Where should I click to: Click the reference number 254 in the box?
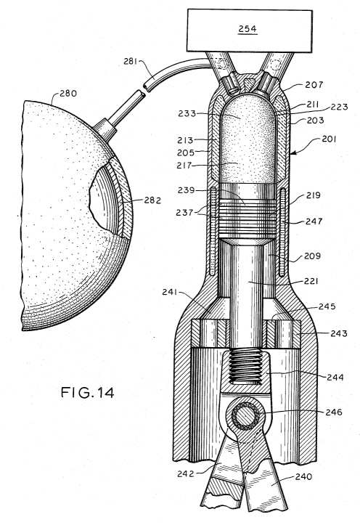[247, 29]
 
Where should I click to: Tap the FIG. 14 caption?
[87, 392]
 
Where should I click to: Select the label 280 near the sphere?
[68, 93]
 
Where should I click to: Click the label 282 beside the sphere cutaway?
[152, 200]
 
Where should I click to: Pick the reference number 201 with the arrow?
[330, 139]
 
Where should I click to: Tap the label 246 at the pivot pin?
[334, 412]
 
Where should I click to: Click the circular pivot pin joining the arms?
[245, 415]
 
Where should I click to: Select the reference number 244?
[335, 377]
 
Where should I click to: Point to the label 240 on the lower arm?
[303, 476]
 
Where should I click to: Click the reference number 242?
[186, 473]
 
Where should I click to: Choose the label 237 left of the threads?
[185, 212]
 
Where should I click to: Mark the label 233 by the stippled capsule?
[187, 113]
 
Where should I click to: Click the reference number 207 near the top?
[314, 85]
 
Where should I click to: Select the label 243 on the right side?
[339, 333]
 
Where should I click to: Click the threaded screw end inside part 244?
[245, 366]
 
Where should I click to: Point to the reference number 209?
[312, 256]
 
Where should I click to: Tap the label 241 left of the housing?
[171, 292]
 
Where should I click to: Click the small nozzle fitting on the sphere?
[104, 129]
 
